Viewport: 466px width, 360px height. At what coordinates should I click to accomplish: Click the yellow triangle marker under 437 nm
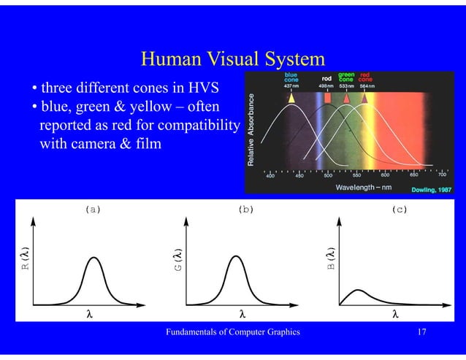click(x=291, y=96)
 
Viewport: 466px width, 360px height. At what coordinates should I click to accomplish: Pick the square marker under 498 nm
click(x=328, y=96)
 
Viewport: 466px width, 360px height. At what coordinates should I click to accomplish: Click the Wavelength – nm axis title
click(x=362, y=188)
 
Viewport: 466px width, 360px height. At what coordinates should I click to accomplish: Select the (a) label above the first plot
click(x=93, y=209)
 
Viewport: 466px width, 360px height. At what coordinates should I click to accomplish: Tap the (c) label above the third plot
click(x=399, y=209)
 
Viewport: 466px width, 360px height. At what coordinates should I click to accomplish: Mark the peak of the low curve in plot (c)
click(x=358, y=290)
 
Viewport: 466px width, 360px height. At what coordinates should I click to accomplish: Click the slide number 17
click(x=421, y=332)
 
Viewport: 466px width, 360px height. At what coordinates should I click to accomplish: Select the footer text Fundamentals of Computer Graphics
click(x=233, y=332)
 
